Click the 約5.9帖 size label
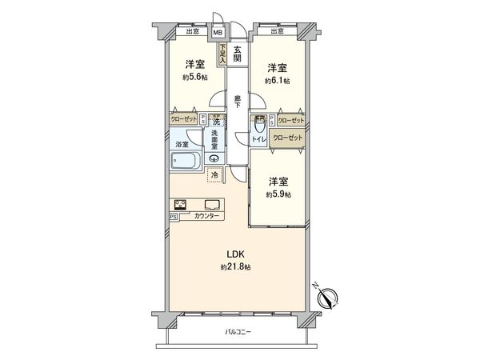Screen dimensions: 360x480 [278, 194]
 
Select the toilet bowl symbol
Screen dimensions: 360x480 [258, 128]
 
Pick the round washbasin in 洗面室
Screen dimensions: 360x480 [214, 158]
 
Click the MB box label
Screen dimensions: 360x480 [217, 33]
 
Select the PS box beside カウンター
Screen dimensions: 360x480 [173, 217]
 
